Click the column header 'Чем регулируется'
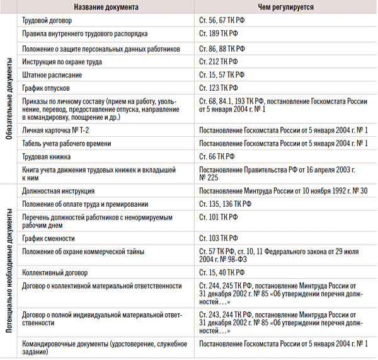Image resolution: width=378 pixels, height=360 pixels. [283, 7]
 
